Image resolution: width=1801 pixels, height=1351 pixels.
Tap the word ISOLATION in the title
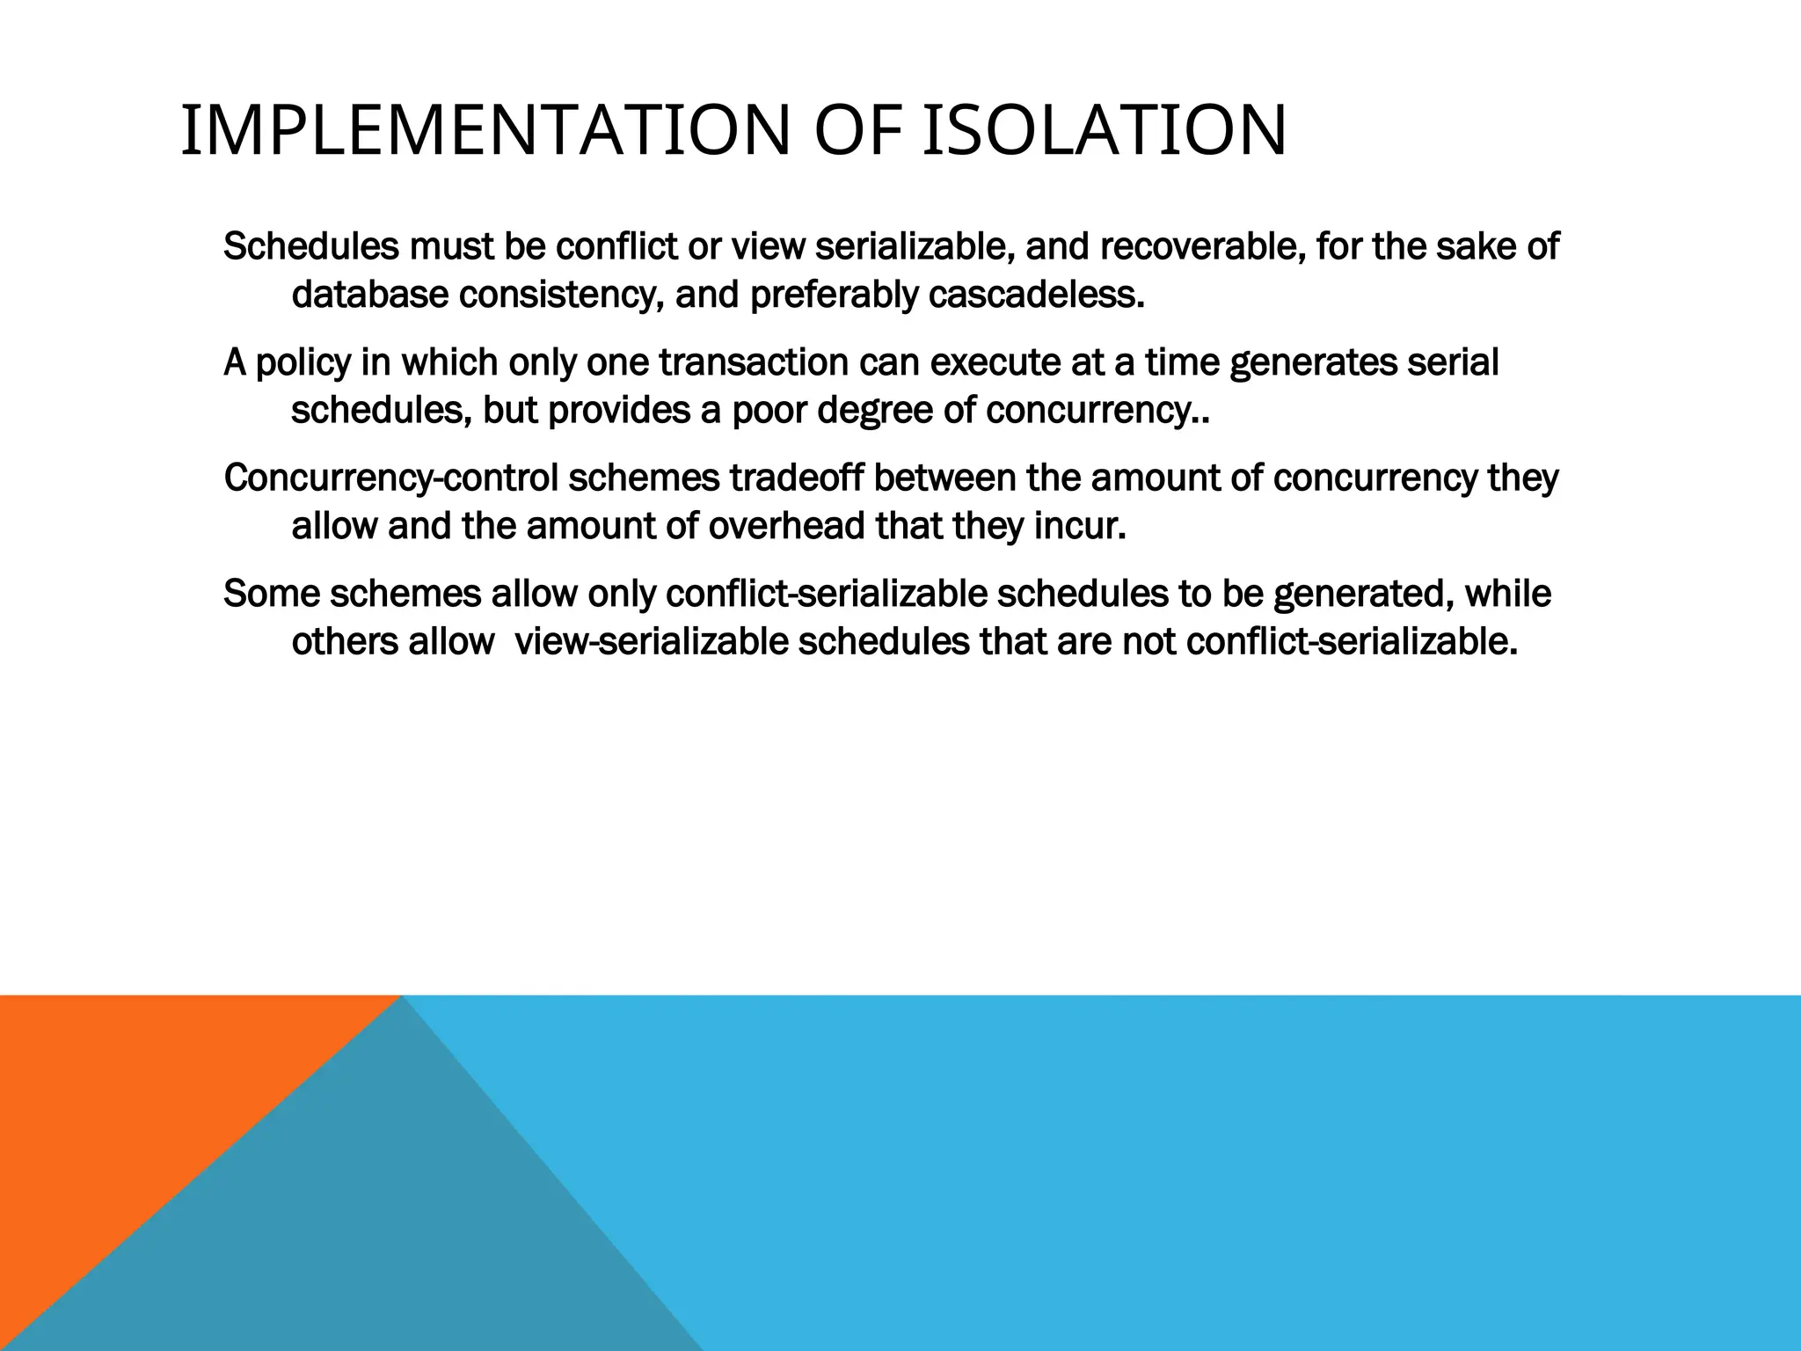click(1105, 132)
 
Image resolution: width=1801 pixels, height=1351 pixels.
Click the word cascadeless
click(1037, 296)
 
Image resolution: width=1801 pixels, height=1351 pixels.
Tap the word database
click(369, 296)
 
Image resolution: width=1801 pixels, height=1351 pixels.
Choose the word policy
click(303, 363)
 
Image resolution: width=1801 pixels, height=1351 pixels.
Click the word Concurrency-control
click(390, 478)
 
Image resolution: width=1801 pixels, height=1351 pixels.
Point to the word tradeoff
click(797, 478)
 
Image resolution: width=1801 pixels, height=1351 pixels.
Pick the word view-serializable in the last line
click(651, 642)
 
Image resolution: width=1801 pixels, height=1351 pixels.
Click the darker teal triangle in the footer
click(396, 1231)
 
